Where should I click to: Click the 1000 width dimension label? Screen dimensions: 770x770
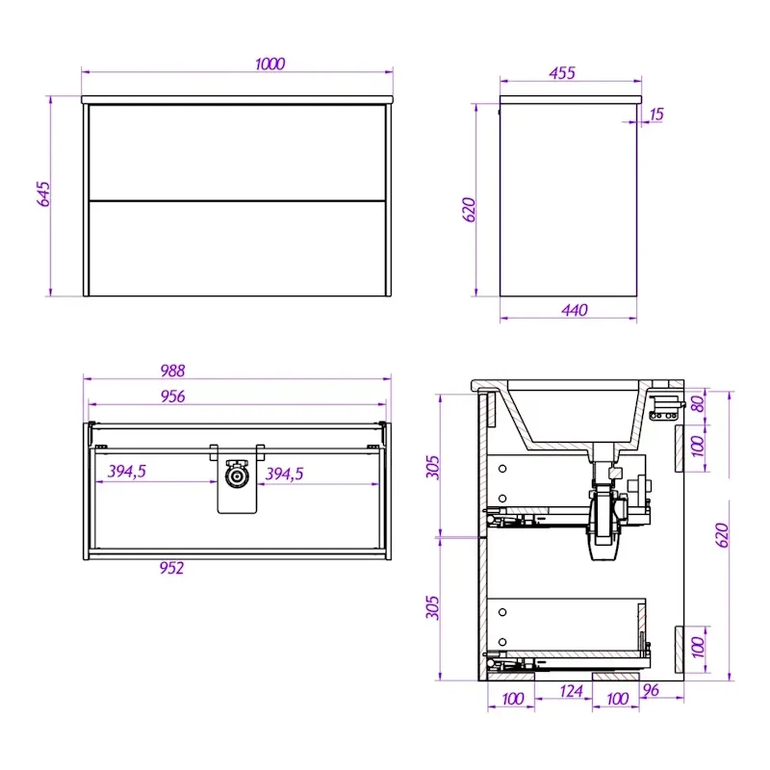269,64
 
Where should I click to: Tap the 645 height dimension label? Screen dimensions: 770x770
43,194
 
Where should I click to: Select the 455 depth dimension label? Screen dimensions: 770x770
562,73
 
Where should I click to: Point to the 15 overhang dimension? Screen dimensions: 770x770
656,115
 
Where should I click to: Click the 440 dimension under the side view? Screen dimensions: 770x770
574,310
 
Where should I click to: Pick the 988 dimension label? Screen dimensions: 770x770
172,371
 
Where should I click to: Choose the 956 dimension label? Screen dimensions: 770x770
172,397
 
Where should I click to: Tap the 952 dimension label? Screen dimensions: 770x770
171,568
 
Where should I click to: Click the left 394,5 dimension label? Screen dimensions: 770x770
127,472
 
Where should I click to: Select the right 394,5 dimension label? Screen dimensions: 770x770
284,474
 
